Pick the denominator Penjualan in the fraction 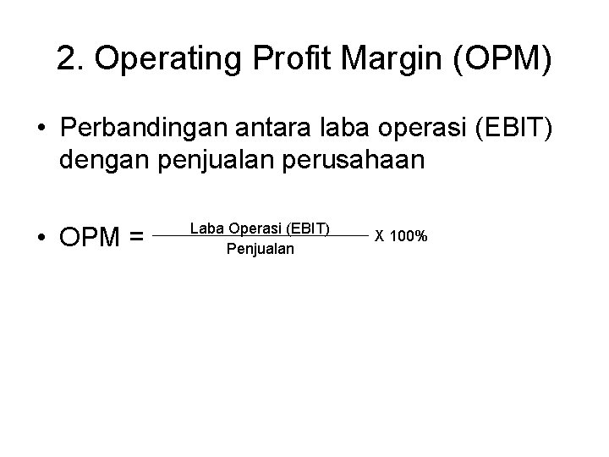[x=261, y=249]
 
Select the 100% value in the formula [x=409, y=236]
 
